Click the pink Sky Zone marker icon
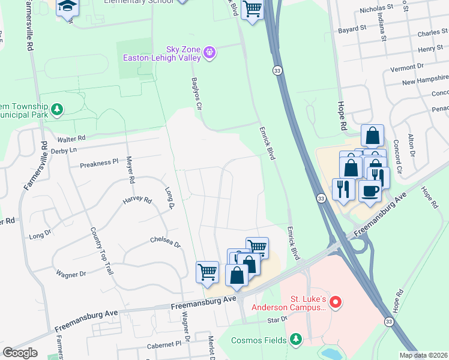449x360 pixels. [209, 53]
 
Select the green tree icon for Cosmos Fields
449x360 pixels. [295, 340]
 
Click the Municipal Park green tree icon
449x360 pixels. [56, 109]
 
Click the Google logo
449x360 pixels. [20, 353]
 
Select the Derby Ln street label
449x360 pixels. [65, 149]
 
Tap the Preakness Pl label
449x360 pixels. [99, 163]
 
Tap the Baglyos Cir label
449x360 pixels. [194, 93]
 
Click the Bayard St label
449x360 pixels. [352, 28]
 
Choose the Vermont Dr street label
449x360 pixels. [407, 68]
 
